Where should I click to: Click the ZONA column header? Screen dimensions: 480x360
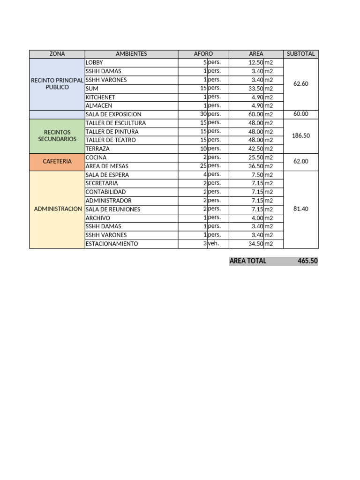[57, 54]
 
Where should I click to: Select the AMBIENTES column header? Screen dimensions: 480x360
[131, 54]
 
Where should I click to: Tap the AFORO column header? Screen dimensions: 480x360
[203, 54]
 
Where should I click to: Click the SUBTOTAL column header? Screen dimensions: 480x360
[300, 54]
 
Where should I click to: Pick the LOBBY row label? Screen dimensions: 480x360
[94, 62]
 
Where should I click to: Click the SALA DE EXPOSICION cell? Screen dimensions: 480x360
[113, 114]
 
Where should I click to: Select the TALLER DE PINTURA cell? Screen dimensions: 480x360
[112, 132]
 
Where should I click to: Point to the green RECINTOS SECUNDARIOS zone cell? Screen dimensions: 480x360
[57, 135]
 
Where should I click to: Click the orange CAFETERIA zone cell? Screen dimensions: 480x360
[57, 161]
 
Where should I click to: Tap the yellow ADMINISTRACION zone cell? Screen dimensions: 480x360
[58, 209]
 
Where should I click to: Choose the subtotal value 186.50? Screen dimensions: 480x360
[300, 135]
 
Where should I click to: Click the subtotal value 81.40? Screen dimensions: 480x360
[300, 209]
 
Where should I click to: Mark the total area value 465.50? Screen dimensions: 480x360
[307, 261]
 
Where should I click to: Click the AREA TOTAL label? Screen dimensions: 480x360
[248, 261]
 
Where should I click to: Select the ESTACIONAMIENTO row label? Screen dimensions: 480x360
[112, 244]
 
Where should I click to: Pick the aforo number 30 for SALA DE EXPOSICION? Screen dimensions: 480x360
[203, 114]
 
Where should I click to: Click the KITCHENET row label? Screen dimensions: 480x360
[100, 97]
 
